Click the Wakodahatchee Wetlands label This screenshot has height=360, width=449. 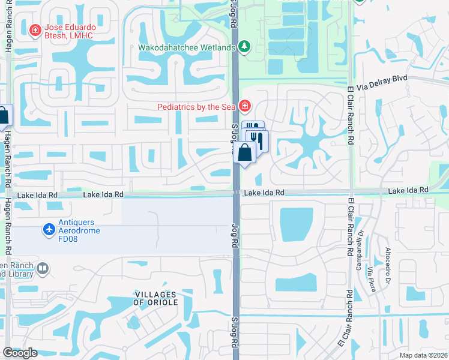coord(187,47)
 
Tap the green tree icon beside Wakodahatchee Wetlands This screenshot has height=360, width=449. coord(244,46)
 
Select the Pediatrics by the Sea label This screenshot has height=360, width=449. coord(196,107)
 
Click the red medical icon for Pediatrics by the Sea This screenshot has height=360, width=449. coord(244,107)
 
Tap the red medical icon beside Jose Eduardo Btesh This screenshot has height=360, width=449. coord(35,29)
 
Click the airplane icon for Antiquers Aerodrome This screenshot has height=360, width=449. coord(49,229)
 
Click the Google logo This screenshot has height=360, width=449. coord(20,353)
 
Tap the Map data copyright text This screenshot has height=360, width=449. coord(423,355)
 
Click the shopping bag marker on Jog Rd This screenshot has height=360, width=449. coord(246,152)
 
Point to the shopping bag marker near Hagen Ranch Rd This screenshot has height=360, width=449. coord(3,115)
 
